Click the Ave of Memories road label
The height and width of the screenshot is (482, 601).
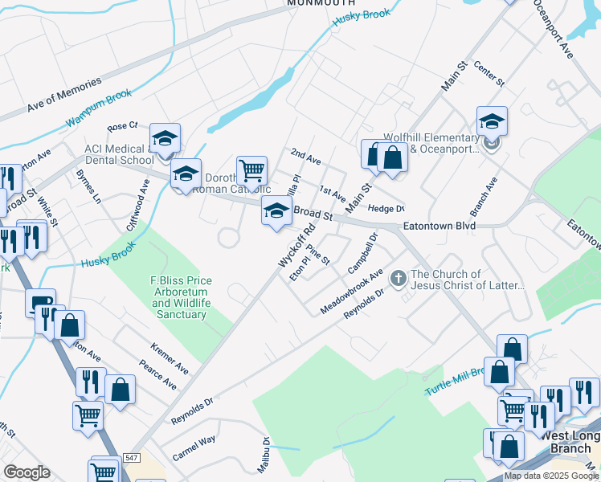(64, 94)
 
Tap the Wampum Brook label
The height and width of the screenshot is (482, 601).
(99, 108)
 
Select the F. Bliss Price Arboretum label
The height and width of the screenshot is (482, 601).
(181, 297)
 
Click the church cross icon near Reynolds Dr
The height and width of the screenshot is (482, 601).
(398, 279)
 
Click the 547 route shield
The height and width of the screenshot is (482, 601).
(133, 458)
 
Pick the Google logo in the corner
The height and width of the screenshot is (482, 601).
(27, 472)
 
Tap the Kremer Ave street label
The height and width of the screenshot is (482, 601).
(170, 357)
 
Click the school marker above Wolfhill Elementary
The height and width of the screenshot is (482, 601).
(492, 121)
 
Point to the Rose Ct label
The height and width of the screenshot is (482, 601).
(123, 126)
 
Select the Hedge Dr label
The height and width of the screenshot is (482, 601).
(386, 208)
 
